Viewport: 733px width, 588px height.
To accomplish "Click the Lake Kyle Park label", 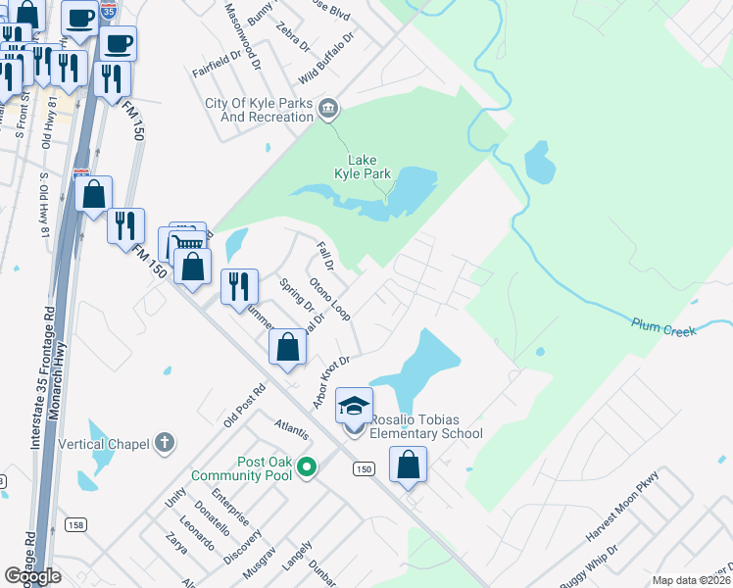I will click(x=369, y=167).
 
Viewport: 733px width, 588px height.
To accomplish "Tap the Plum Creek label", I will click(x=663, y=326).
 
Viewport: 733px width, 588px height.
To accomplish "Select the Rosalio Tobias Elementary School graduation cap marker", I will click(x=355, y=405).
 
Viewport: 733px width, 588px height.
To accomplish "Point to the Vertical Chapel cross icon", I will click(x=165, y=443).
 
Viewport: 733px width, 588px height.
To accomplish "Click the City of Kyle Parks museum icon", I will click(x=328, y=109).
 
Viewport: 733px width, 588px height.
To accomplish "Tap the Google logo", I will click(x=32, y=576).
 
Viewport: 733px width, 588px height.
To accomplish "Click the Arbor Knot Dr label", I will click(x=331, y=382).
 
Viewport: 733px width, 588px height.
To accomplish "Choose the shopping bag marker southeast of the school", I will click(x=408, y=464).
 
